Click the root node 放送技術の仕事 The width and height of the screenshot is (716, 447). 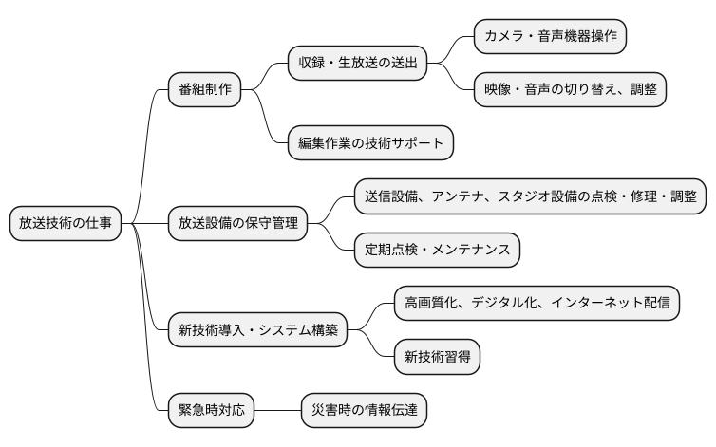(66, 223)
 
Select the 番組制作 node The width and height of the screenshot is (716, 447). (204, 90)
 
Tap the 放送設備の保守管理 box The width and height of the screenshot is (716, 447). (237, 223)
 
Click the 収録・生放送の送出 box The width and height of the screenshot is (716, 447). (357, 65)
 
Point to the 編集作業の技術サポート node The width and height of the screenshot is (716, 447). (370, 142)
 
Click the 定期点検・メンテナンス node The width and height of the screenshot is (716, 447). (437, 250)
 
